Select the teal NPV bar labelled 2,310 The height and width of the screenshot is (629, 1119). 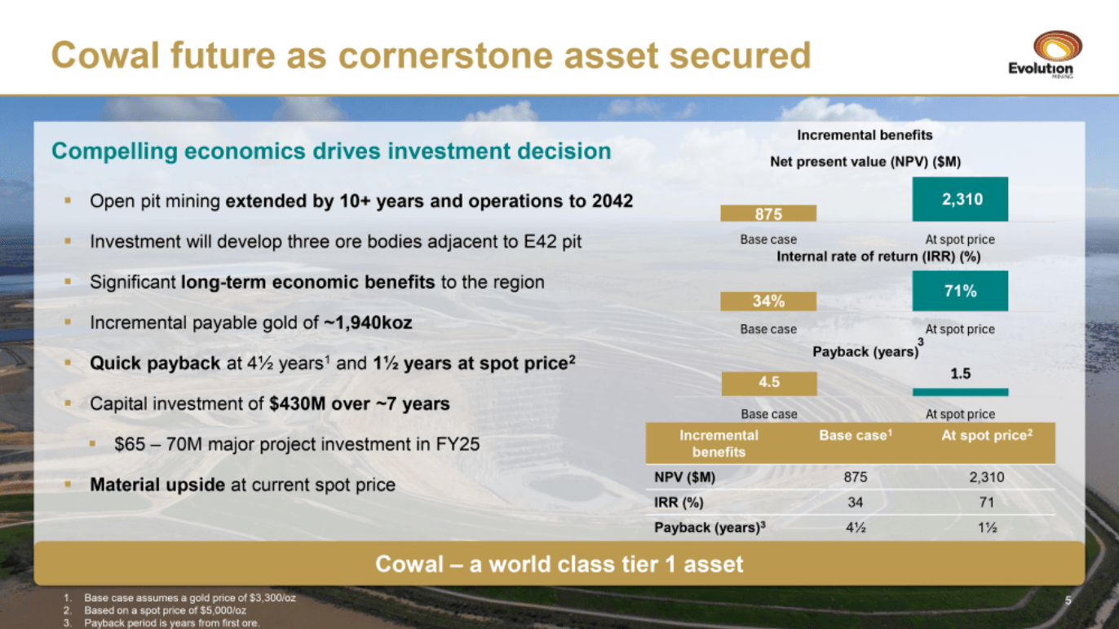tap(960, 200)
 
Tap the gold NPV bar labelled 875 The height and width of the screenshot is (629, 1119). tap(768, 213)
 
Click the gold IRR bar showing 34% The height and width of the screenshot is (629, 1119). tap(768, 301)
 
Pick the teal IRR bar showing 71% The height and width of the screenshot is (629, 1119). tap(960, 291)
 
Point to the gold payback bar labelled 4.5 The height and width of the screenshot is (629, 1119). tap(768, 382)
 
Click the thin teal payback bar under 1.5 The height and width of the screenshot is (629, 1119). tap(960, 392)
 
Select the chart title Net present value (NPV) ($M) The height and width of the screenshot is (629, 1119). tap(865, 162)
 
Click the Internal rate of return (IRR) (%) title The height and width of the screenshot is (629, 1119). tap(878, 257)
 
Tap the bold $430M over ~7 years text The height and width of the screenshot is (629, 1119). tap(359, 404)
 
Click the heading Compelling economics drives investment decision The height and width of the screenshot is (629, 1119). tap(331, 152)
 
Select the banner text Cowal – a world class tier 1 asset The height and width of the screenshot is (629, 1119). tap(559, 564)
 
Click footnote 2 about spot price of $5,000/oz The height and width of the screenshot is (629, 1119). tap(165, 610)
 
